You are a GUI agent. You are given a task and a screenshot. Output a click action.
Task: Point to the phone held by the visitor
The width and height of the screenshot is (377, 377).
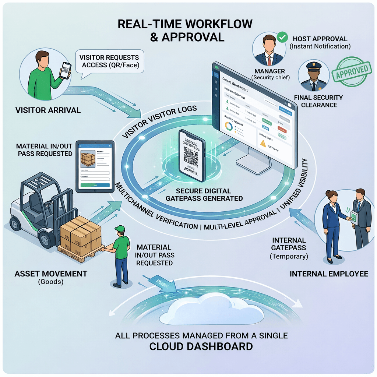click(x=66, y=70)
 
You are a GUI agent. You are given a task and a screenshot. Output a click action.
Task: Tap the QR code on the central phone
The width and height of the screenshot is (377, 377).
click(x=191, y=155)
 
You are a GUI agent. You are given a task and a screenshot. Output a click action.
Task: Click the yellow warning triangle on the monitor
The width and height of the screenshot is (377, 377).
click(x=263, y=144)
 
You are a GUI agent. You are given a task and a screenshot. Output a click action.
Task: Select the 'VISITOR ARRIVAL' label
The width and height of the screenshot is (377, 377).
click(x=48, y=110)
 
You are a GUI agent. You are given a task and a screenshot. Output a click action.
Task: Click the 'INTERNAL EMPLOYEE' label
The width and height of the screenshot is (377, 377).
click(x=329, y=274)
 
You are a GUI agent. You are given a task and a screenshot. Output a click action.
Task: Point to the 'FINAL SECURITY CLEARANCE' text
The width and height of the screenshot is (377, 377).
click(x=318, y=101)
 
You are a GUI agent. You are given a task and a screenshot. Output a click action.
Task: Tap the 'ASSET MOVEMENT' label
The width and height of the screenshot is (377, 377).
click(x=51, y=274)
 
